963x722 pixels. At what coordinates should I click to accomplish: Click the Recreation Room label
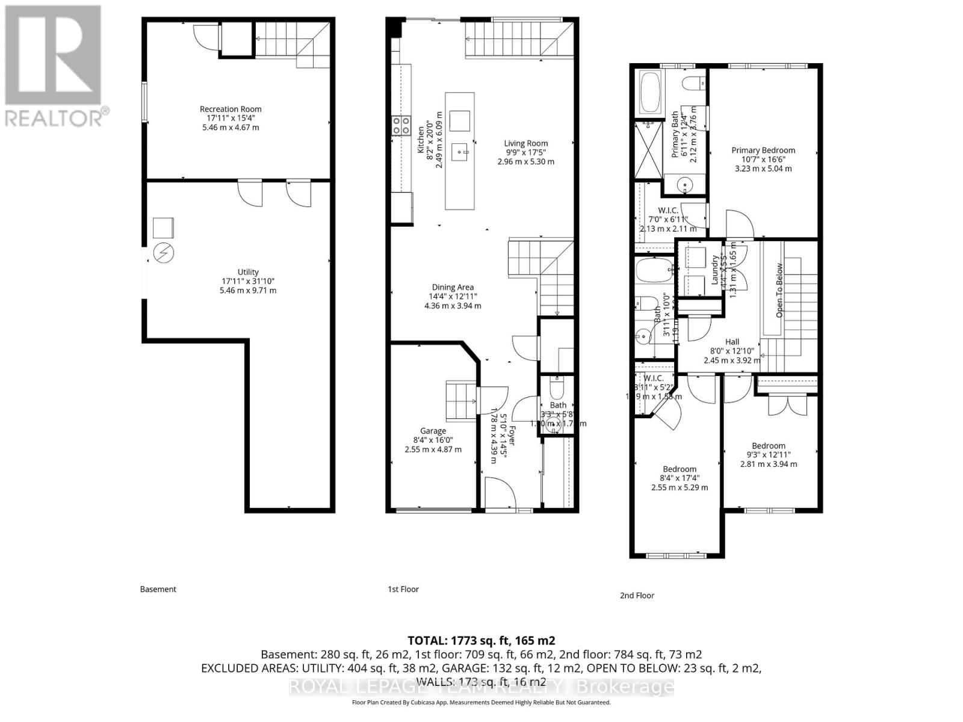(x=231, y=109)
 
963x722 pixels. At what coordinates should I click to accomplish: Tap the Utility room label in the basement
(x=248, y=272)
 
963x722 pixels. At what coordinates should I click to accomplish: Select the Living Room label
(x=526, y=143)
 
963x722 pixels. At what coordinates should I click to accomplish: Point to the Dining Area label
(x=453, y=288)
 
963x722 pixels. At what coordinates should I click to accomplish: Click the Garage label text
(x=433, y=431)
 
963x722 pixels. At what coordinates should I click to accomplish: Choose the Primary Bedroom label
(x=763, y=150)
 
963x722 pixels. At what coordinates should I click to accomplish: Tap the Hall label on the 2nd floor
(x=732, y=342)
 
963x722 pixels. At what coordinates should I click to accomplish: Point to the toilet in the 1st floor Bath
(x=556, y=388)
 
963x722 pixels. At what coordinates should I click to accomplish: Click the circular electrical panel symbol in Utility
(x=163, y=253)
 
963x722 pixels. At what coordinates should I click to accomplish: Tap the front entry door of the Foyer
(x=500, y=493)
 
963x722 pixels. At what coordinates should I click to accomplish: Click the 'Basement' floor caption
(x=158, y=589)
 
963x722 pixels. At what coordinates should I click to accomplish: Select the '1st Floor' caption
(x=403, y=589)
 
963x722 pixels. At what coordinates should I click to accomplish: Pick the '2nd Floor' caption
(x=637, y=595)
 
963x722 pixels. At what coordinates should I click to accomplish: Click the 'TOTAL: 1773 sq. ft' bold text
(x=482, y=640)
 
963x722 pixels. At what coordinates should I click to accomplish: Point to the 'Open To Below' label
(x=779, y=291)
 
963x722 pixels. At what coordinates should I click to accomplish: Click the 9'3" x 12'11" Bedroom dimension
(x=769, y=455)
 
